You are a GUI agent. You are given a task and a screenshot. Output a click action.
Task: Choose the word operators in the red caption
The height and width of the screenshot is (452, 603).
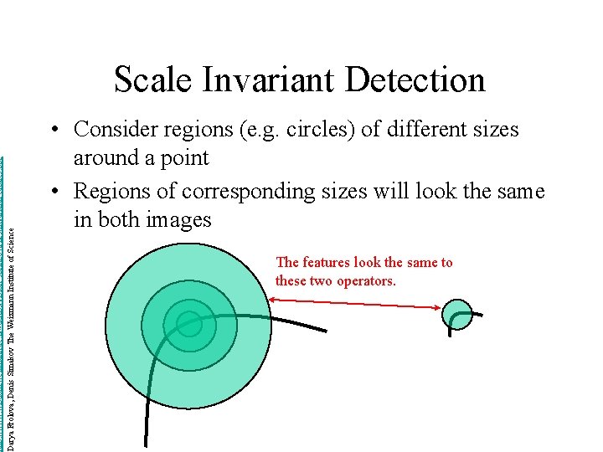click(365, 281)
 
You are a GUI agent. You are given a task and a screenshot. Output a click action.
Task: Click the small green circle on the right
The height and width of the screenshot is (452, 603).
click(457, 314)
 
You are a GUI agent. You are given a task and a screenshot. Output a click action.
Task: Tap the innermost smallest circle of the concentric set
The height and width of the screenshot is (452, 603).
click(189, 324)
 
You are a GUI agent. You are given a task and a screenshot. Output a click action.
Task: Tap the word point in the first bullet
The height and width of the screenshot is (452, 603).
click(185, 158)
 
